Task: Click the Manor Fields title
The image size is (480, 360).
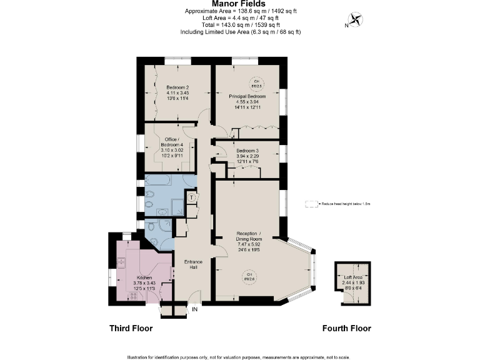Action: [x=240, y=4]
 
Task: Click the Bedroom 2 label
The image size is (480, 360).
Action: [x=177, y=87]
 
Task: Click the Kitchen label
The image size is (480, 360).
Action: [x=144, y=277]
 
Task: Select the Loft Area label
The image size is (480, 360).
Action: [x=353, y=277]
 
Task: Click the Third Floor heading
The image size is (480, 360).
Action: [x=131, y=328]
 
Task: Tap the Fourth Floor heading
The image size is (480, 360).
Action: [x=346, y=328]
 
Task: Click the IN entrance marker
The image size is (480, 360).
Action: [x=195, y=309]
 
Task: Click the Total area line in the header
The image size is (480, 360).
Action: [x=240, y=25]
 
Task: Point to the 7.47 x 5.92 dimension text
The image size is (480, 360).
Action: [x=247, y=244]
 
